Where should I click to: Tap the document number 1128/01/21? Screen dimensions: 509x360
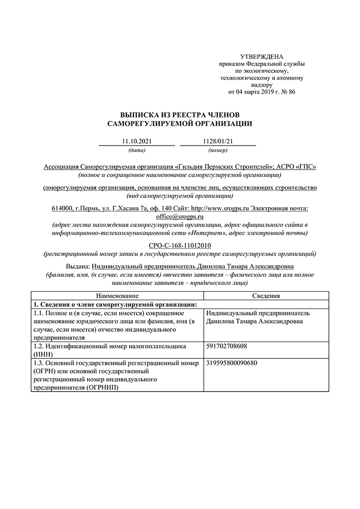tap(217, 140)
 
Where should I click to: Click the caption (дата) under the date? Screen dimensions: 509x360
tap(137, 150)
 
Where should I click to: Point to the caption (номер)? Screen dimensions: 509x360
tap(217, 150)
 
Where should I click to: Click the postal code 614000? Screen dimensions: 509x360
tap(62, 209)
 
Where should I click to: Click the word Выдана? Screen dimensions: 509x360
tap(78, 267)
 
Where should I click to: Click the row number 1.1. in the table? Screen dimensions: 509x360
tap(39, 313)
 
